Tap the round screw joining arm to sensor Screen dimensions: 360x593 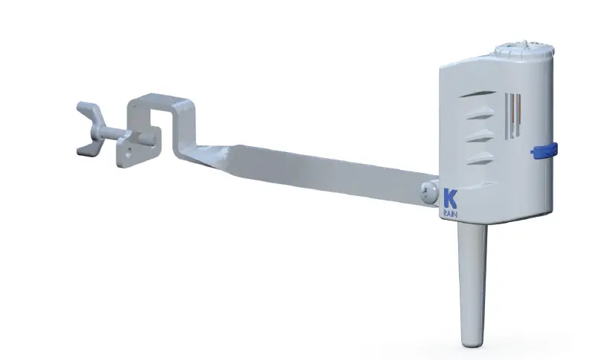428,192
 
